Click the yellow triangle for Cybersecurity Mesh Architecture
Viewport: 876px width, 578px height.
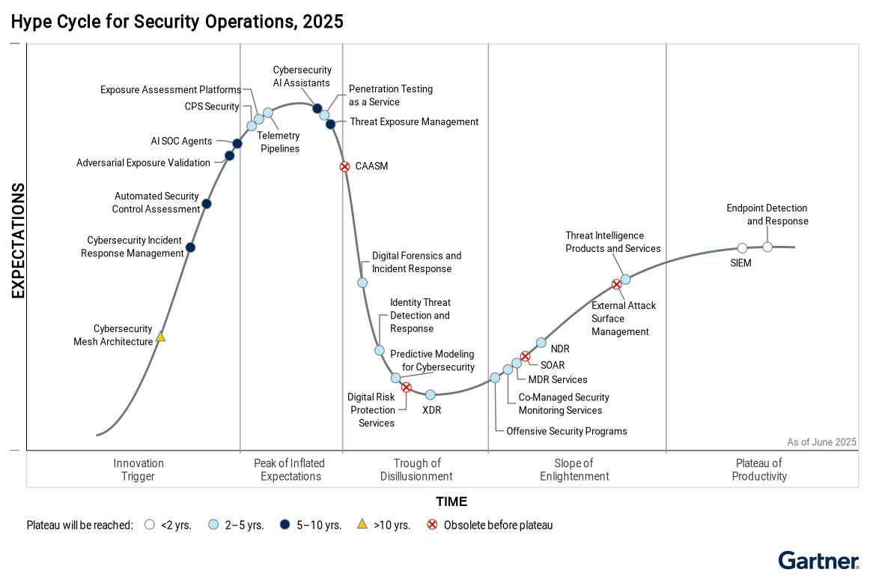coord(160,337)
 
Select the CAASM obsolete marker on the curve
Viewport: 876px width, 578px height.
coord(344,166)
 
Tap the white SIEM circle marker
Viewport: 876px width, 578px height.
coord(742,248)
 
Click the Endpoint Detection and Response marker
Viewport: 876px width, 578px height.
coord(767,247)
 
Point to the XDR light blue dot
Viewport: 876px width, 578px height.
coord(431,394)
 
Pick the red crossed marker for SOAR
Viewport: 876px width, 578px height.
coord(525,356)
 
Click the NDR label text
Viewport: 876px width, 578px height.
coord(560,349)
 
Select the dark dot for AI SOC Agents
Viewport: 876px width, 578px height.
coord(237,143)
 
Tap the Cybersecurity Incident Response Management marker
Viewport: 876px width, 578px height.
coord(190,247)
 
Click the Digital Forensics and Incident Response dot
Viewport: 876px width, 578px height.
coord(362,283)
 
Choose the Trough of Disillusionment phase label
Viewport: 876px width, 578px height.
coord(416,469)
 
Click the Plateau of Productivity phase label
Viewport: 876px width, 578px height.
coord(759,469)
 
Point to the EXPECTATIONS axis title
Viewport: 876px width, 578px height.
coord(18,241)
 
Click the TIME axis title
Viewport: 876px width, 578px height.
coord(451,502)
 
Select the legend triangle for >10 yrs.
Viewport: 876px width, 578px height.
coord(362,524)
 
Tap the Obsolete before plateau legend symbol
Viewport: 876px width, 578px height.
coord(432,525)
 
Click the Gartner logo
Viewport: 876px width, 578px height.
coord(818,561)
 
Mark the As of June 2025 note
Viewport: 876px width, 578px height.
coord(821,442)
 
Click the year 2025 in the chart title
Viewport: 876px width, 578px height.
coord(323,22)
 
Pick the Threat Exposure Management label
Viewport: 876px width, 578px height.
coord(414,121)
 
